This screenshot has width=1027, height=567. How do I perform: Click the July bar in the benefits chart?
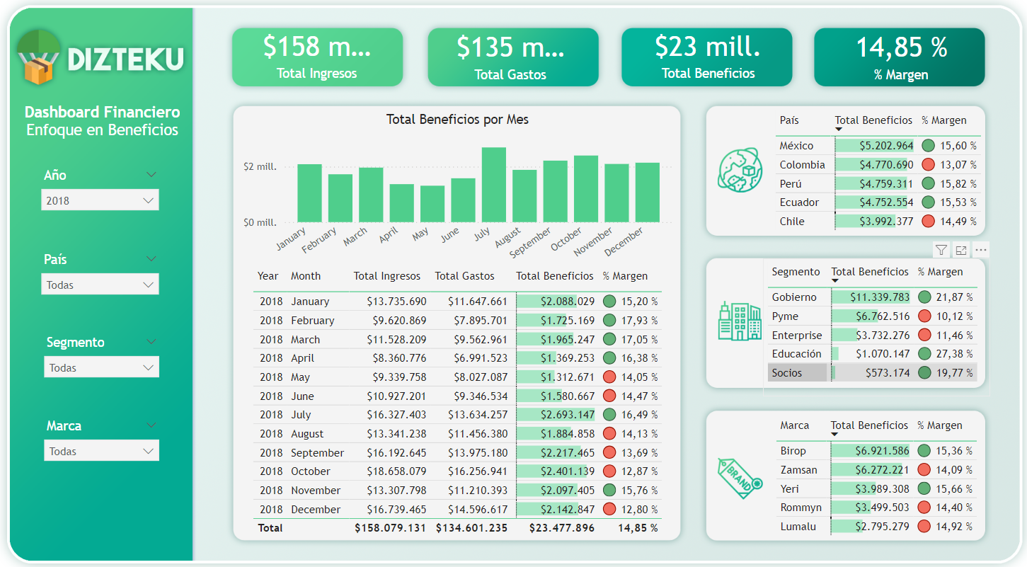(493, 185)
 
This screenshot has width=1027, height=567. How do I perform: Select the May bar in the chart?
(432, 204)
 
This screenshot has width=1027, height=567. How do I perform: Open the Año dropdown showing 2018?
(100, 200)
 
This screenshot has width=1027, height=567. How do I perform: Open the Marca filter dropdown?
(101, 451)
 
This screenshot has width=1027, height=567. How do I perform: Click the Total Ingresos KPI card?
(317, 57)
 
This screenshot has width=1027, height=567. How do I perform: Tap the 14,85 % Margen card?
(900, 57)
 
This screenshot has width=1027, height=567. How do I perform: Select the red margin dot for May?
(609, 377)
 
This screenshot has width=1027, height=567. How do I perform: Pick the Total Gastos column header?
(464, 276)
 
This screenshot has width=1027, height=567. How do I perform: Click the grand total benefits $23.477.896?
(562, 528)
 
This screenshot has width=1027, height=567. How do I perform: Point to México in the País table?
(796, 146)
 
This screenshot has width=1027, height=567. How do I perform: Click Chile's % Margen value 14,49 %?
(958, 222)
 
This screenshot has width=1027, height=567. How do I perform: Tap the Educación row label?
(796, 354)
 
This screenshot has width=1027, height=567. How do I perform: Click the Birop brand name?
(793, 451)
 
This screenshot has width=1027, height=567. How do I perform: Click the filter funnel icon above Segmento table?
(941, 250)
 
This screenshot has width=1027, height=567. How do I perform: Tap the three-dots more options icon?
(980, 250)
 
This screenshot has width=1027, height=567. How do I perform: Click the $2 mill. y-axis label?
(260, 167)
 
